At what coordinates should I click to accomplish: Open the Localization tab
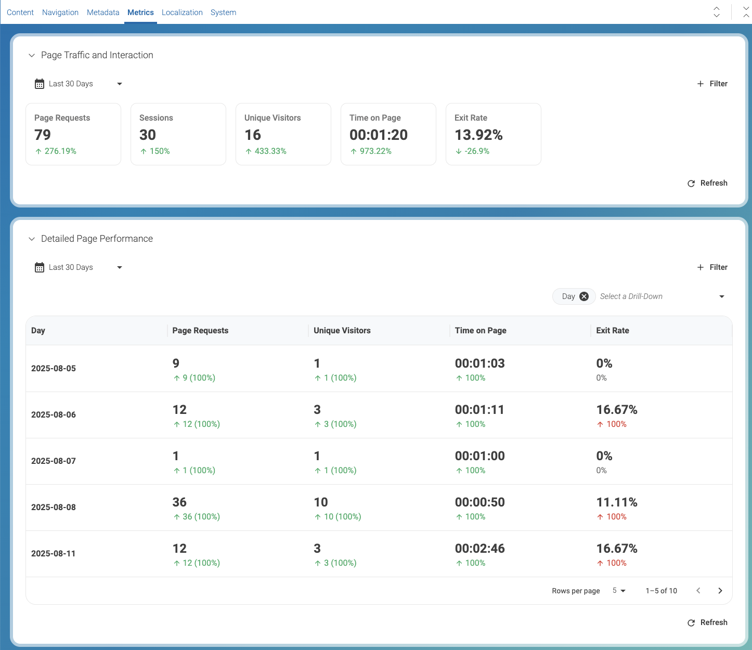pos(182,12)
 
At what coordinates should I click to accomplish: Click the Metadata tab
pos(103,12)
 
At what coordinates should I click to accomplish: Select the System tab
pos(223,12)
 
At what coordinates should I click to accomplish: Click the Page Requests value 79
pos(43,135)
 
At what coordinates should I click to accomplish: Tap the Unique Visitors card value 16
pos(253,135)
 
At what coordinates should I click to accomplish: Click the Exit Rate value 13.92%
pos(478,135)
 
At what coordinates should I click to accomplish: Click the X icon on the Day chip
pos(584,296)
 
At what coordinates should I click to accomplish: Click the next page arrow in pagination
pos(720,591)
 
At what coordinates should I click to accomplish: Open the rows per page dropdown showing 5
pos(619,591)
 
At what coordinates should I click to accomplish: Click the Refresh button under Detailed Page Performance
pos(707,622)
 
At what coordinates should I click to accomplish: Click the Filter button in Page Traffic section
pos(712,84)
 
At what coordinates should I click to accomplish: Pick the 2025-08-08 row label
pos(54,508)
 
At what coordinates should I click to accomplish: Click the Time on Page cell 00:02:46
pos(479,549)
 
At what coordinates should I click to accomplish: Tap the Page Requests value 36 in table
pos(179,502)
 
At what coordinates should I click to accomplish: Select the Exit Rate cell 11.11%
pos(616,502)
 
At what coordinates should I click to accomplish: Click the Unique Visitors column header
pos(342,331)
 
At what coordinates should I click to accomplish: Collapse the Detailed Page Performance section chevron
pos(32,239)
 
